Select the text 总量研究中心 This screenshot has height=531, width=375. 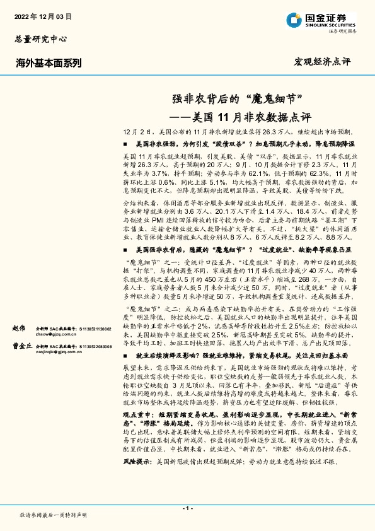pyautogui.click(x=40, y=38)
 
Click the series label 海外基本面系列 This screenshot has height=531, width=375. pyautogui.click(x=49, y=62)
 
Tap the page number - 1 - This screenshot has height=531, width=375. pyautogui.click(x=187, y=507)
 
